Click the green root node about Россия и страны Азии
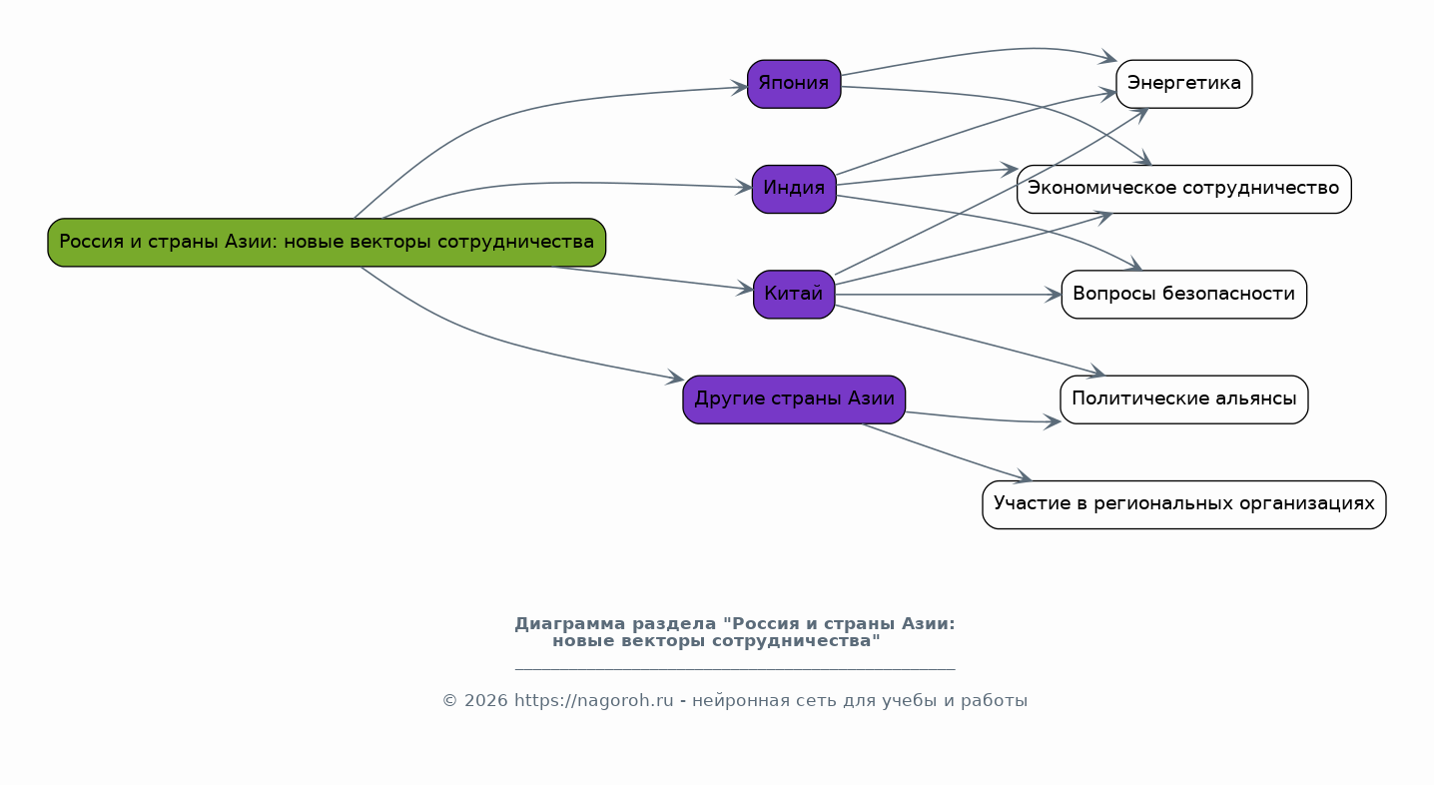[x=327, y=243]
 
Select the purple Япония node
[x=794, y=84]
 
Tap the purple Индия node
[x=794, y=189]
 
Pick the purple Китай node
[x=794, y=295]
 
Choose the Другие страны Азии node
[x=794, y=399]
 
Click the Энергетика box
[x=1183, y=84]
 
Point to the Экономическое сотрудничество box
[x=1183, y=189]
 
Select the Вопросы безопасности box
[x=1183, y=295]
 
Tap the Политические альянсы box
[x=1183, y=399]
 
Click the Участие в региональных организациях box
[x=1183, y=504]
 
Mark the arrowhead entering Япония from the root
[x=740, y=88]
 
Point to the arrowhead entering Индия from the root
[x=744, y=187]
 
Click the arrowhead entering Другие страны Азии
[x=676, y=380]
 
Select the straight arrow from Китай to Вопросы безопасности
[x=949, y=295]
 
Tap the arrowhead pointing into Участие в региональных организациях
[x=1023, y=478]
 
